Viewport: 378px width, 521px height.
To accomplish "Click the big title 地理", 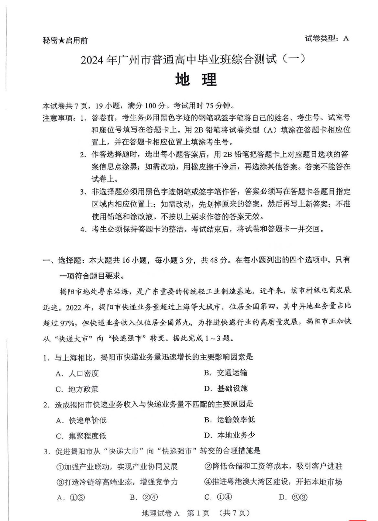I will (x=196, y=79).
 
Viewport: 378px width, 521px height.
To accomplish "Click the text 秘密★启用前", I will (x=65, y=40).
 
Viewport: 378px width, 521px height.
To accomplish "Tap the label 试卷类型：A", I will (x=327, y=38).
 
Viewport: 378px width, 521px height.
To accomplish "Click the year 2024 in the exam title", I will (x=91, y=60).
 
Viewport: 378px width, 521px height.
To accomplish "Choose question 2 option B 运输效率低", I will (x=229, y=420).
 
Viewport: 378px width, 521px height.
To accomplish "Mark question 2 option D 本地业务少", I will (x=229, y=435).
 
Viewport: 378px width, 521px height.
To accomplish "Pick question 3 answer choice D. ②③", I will (x=293, y=497).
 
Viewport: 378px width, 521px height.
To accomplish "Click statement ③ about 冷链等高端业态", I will (x=117, y=482).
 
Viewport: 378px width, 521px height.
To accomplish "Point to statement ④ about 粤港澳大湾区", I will (x=273, y=482).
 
